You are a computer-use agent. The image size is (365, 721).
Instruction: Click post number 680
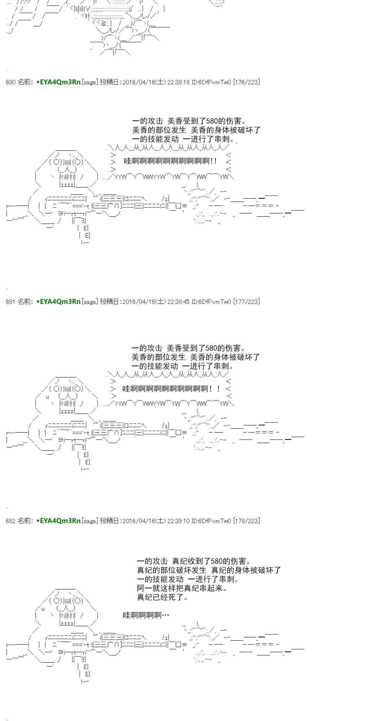(11, 82)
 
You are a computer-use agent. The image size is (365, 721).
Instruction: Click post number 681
(11, 301)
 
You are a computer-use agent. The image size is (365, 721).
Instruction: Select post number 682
(11, 521)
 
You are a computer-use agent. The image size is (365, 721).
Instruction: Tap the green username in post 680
(58, 82)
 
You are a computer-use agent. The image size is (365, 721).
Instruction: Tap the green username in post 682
(58, 521)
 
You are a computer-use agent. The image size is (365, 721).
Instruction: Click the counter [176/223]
(246, 82)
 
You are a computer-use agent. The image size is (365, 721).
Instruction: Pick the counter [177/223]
(246, 301)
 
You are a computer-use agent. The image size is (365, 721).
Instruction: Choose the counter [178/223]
(246, 521)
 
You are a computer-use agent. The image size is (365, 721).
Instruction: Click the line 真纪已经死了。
(163, 597)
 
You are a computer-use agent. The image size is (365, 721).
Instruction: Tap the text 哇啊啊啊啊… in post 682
(146, 615)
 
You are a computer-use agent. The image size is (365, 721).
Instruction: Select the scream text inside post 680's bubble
(171, 161)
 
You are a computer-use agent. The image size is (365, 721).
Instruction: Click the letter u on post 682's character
(43, 609)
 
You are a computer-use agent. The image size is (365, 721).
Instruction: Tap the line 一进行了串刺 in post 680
(209, 139)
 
